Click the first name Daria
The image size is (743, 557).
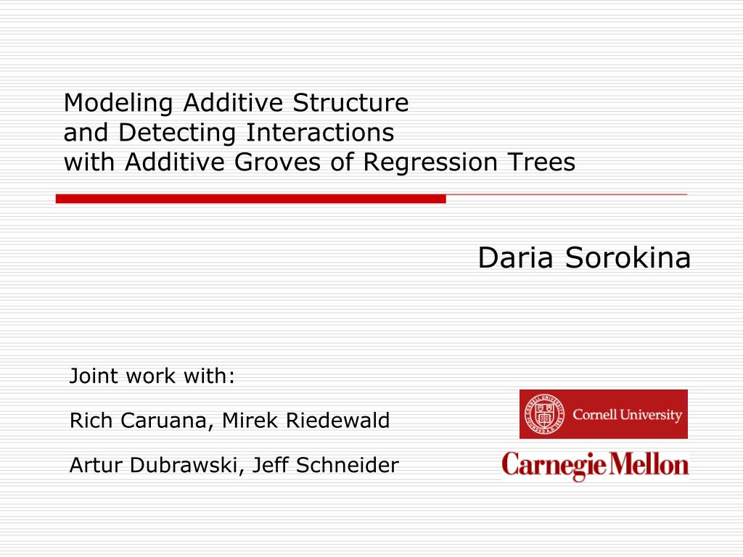click(x=516, y=258)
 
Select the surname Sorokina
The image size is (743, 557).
click(x=628, y=258)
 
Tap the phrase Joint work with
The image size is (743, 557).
click(x=152, y=376)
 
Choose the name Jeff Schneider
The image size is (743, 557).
click(x=325, y=465)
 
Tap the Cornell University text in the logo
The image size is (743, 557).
click(x=628, y=415)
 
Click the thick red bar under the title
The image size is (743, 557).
click(x=250, y=199)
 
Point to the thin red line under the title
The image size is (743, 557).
click(x=566, y=195)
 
